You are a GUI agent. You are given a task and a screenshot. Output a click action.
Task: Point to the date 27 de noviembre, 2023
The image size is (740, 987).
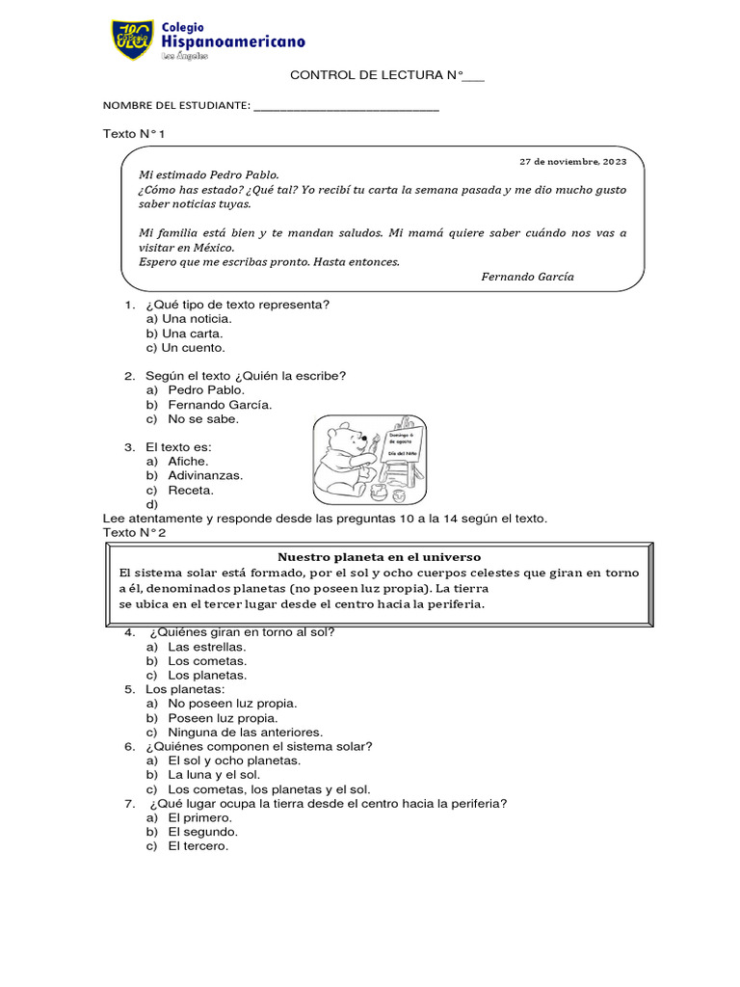[572, 161]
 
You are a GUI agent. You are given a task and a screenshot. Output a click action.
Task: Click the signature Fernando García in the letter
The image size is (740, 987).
[526, 276]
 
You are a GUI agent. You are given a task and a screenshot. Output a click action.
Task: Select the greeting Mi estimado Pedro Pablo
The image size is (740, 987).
[208, 175]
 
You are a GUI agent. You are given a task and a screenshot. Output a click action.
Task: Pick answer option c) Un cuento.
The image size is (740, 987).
[185, 347]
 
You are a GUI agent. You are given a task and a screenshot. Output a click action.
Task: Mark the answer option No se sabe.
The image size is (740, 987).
[202, 418]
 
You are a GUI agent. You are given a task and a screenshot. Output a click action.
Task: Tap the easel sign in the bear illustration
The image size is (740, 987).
[402, 448]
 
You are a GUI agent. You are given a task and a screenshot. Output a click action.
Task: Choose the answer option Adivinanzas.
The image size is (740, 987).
[204, 475]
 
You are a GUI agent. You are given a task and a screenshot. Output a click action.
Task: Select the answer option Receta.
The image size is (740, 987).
[190, 490]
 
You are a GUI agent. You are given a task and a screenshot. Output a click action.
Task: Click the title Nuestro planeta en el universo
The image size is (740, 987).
[379, 557]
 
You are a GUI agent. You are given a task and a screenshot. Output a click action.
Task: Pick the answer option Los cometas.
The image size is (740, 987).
[206, 660]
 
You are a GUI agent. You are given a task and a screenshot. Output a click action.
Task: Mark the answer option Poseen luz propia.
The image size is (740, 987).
[222, 717]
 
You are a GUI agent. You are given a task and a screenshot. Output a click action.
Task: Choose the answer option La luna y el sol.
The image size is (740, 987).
[214, 774]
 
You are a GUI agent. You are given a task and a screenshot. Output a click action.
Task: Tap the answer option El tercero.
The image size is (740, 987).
[198, 845]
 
